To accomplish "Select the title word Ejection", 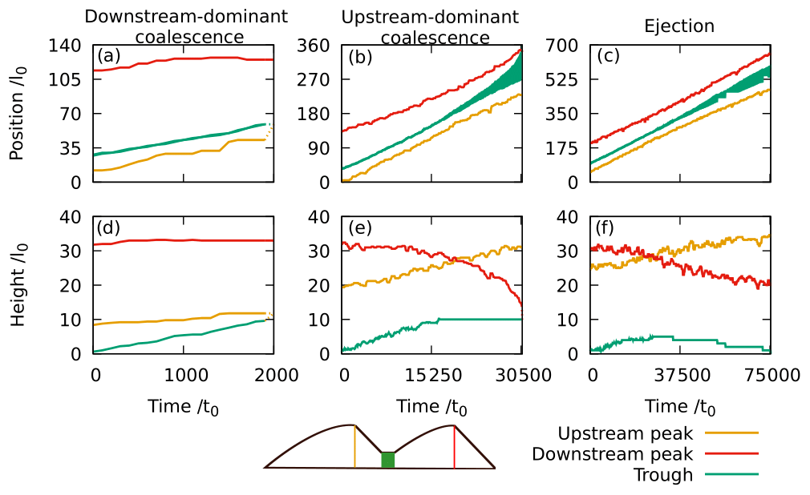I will coord(679,26).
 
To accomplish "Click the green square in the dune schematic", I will coord(388,460).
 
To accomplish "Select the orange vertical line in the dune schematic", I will coord(354,446).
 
